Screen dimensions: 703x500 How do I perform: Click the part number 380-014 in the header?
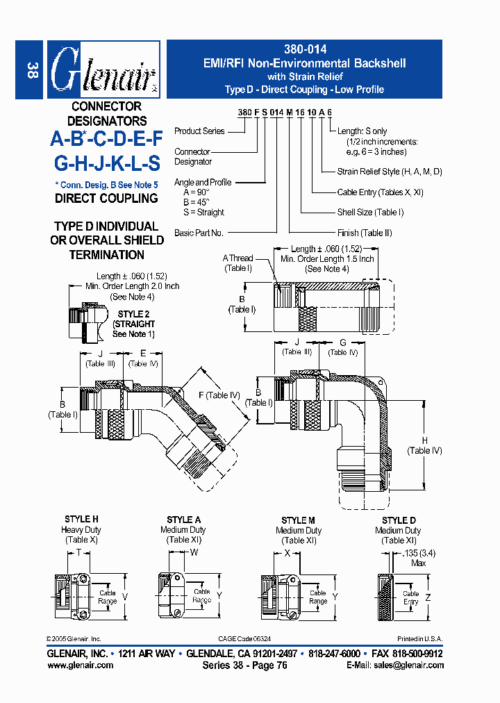tap(305, 49)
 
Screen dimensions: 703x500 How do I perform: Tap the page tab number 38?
tap(32, 70)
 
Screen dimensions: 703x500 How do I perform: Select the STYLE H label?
tap(81, 519)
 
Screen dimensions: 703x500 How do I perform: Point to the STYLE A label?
tap(184, 520)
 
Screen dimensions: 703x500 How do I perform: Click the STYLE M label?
tap(298, 520)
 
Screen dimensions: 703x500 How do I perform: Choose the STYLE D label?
tap(399, 520)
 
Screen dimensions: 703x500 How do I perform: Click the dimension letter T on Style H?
tap(78, 553)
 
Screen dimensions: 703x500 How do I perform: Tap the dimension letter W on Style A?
tap(194, 553)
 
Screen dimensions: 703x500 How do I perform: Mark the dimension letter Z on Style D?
tap(428, 597)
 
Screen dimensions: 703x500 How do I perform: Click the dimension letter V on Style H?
tap(125, 597)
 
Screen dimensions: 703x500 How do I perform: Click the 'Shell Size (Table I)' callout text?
tap(370, 212)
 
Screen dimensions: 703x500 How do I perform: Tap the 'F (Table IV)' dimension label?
tap(219, 395)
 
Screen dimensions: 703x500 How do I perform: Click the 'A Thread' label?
tap(237, 258)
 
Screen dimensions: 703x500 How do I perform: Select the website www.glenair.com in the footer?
tap(80, 665)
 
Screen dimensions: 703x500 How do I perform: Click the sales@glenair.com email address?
tap(409, 665)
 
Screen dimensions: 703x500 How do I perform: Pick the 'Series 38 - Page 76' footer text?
tap(244, 665)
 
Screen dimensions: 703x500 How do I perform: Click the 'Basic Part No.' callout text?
tap(199, 233)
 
